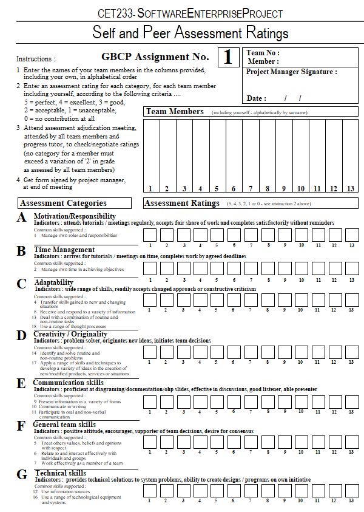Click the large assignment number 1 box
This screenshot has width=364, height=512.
click(x=227, y=58)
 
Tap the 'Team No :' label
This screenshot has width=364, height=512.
click(x=263, y=53)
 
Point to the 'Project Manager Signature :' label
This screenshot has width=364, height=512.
click(x=291, y=72)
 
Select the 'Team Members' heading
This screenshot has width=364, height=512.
click(x=175, y=112)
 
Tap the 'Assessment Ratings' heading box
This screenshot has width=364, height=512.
click(x=182, y=203)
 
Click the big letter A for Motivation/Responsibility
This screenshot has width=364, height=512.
click(x=22, y=217)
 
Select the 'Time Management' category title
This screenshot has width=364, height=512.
click(x=64, y=250)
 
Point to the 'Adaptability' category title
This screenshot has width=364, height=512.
click(x=55, y=282)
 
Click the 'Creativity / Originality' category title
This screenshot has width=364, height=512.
click(x=70, y=334)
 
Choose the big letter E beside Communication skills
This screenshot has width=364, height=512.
click(x=21, y=383)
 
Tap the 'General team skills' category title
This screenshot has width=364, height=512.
click(x=64, y=424)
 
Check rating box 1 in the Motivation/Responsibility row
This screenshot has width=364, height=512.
click(x=150, y=234)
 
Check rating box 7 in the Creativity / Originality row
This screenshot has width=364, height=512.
click(x=251, y=352)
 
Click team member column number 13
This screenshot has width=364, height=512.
click(x=351, y=188)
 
